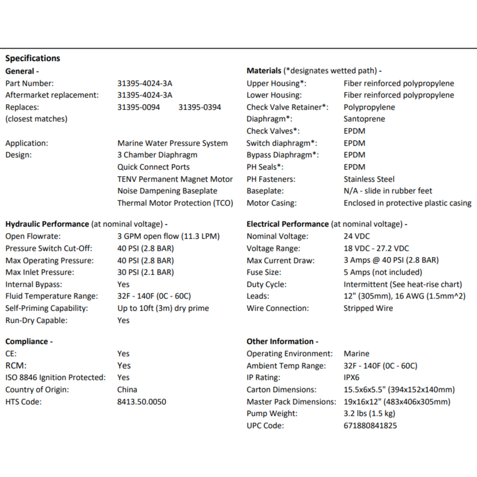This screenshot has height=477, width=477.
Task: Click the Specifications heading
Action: pos(33,58)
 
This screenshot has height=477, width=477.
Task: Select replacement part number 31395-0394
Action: pos(200,107)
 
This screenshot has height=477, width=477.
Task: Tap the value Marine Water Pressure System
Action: pos(172,143)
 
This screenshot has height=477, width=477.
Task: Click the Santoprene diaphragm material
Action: pos(364,119)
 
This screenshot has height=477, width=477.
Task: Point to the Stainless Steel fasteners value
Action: pos(369,179)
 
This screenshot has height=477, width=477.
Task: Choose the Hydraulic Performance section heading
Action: pos(47,224)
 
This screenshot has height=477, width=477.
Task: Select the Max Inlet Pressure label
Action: pos(40,272)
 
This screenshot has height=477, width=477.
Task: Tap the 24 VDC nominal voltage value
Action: pos(356,236)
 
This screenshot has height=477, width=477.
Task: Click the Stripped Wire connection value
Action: pos(368,308)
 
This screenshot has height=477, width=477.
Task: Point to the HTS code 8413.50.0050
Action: pos(141,402)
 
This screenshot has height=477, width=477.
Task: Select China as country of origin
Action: pos(127,389)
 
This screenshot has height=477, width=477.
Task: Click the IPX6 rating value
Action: pos(351,378)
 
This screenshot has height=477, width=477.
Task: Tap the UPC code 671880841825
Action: pos(370,426)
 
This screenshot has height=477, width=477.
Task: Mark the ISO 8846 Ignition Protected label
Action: pos(55,378)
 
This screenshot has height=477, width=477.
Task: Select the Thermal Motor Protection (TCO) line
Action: pos(175,203)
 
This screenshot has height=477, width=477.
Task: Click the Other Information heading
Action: pos(282,341)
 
